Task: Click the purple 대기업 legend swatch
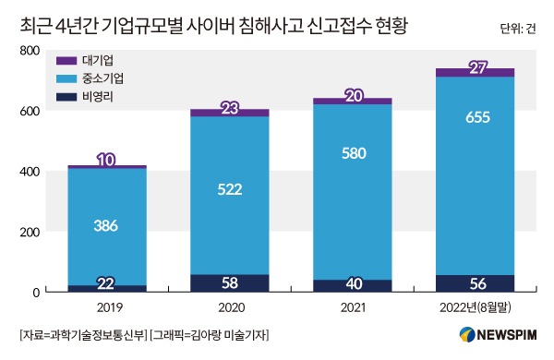[66, 60]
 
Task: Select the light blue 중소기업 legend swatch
[66, 78]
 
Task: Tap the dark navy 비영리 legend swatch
[66, 97]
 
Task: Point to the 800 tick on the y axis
[30, 51]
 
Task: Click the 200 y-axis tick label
[30, 232]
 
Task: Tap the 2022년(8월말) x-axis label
[476, 307]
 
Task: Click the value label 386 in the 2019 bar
[106, 226]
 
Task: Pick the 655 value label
[477, 117]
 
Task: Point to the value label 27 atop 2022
[478, 67]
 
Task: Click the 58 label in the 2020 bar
[230, 283]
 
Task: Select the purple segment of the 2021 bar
[353, 101]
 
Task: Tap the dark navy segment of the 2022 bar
[475, 283]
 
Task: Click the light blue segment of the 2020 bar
[230, 196]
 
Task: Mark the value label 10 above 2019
[106, 160]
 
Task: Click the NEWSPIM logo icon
[467, 334]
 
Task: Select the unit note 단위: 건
[518, 29]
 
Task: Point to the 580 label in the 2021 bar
[354, 153]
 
